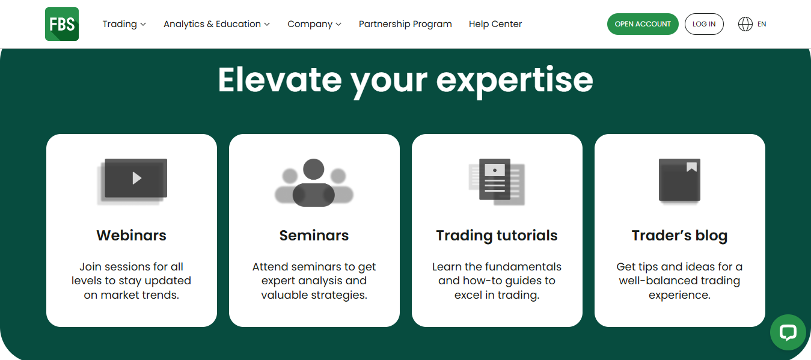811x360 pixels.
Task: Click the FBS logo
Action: click(x=62, y=24)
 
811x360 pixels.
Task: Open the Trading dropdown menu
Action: click(x=124, y=24)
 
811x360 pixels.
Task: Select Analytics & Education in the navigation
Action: click(x=216, y=24)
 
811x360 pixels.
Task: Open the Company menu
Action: click(x=314, y=24)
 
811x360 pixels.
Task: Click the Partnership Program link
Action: click(x=405, y=24)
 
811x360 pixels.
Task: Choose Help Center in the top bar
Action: click(x=495, y=24)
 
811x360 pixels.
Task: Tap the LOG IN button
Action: click(x=704, y=24)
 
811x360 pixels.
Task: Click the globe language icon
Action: click(x=745, y=24)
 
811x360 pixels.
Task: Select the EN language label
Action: click(x=762, y=24)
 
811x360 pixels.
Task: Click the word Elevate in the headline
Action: click(x=280, y=80)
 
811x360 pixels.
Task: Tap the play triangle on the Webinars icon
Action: click(x=137, y=178)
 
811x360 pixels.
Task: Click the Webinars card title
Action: click(x=132, y=236)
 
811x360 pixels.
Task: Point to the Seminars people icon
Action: click(x=314, y=182)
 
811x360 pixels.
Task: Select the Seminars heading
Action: click(x=314, y=236)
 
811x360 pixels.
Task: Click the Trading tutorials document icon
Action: click(x=497, y=182)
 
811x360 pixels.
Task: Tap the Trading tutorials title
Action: click(x=497, y=236)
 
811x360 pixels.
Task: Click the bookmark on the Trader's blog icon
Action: click(x=691, y=167)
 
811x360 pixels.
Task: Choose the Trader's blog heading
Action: click(x=679, y=236)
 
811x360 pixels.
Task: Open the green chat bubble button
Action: click(x=788, y=332)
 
